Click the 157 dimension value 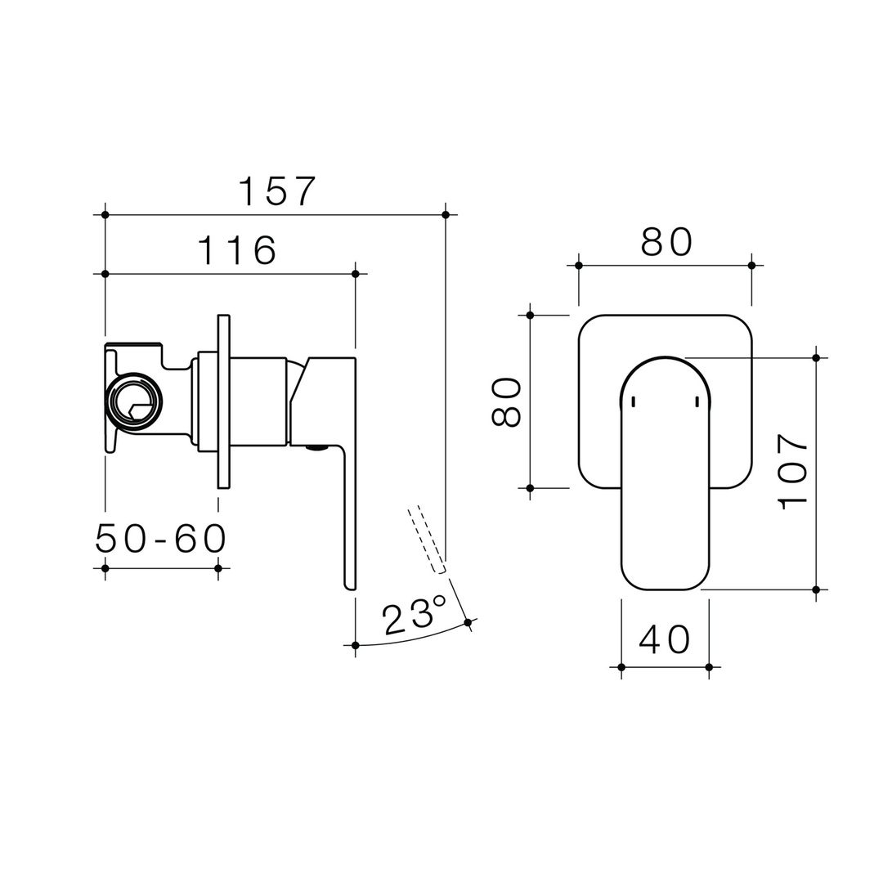click(276, 191)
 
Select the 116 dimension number click(237, 250)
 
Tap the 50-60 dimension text click(161, 539)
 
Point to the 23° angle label click(414, 615)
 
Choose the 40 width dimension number click(665, 639)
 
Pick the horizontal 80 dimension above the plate click(666, 242)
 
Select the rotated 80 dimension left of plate click(506, 401)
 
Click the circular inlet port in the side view click(133, 401)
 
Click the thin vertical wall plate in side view click(223, 401)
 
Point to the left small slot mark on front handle click(634, 401)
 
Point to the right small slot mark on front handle click(697, 401)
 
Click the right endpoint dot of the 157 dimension click(446, 215)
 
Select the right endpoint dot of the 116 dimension click(355, 274)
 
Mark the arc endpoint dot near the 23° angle click(468, 622)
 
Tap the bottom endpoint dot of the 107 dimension click(815, 589)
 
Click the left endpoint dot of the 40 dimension click(621, 667)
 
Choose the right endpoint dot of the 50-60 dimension click(218, 568)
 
